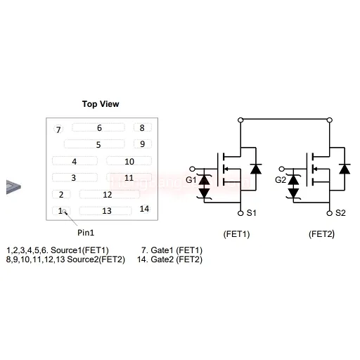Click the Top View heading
tap(101, 104)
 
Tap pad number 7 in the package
tap(58, 129)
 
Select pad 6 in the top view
tap(98, 127)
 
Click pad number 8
tap(143, 127)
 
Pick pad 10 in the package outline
tap(129, 161)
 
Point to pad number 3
tap(75, 177)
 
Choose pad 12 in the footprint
tap(110, 194)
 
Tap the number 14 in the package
tap(144, 209)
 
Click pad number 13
tap(105, 211)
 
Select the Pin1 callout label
tap(86, 233)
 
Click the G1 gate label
tap(191, 180)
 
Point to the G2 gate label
tap(281, 180)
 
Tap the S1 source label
tap(251, 213)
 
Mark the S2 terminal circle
tap(330, 213)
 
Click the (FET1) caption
tap(236, 234)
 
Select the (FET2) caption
tap(321, 234)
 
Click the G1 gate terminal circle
tap(192, 169)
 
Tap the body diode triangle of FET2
tap(345, 169)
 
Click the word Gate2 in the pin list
tap(162, 259)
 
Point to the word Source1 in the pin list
tap(66, 250)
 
